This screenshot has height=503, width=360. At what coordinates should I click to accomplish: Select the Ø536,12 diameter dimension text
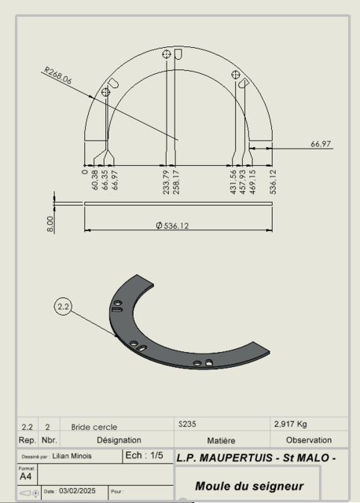click(178, 226)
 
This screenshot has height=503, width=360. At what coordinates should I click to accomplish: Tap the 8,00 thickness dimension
click(51, 223)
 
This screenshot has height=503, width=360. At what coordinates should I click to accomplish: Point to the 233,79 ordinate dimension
click(166, 182)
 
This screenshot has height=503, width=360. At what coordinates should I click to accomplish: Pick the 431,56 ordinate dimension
click(233, 182)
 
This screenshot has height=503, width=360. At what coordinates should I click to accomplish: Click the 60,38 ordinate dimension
click(95, 180)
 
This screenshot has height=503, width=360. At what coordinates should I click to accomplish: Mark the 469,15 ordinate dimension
click(252, 182)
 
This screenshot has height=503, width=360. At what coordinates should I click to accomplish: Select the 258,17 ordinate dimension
click(175, 182)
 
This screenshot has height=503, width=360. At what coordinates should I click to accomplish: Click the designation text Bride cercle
click(94, 427)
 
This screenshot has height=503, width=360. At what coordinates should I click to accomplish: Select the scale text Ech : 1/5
click(144, 456)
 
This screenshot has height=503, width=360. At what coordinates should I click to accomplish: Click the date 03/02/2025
click(76, 491)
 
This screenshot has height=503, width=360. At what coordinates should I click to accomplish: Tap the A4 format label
click(26, 476)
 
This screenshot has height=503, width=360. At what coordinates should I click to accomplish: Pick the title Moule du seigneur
click(248, 486)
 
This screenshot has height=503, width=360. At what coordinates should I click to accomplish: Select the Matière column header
click(221, 440)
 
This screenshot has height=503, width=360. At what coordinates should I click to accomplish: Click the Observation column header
click(308, 440)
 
